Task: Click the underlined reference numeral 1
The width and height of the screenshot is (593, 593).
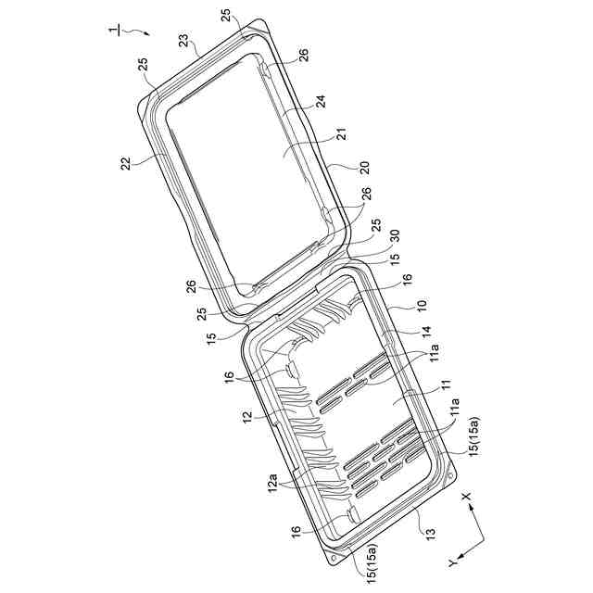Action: [x=113, y=31]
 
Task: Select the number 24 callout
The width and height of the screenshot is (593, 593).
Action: [x=321, y=102]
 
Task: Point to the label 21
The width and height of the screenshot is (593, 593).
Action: [x=342, y=135]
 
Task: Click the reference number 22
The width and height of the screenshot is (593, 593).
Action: [x=125, y=163]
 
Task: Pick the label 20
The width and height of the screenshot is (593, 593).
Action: [x=363, y=168]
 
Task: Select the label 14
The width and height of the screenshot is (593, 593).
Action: [x=426, y=332]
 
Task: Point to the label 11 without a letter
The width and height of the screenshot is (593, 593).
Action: [x=447, y=385]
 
